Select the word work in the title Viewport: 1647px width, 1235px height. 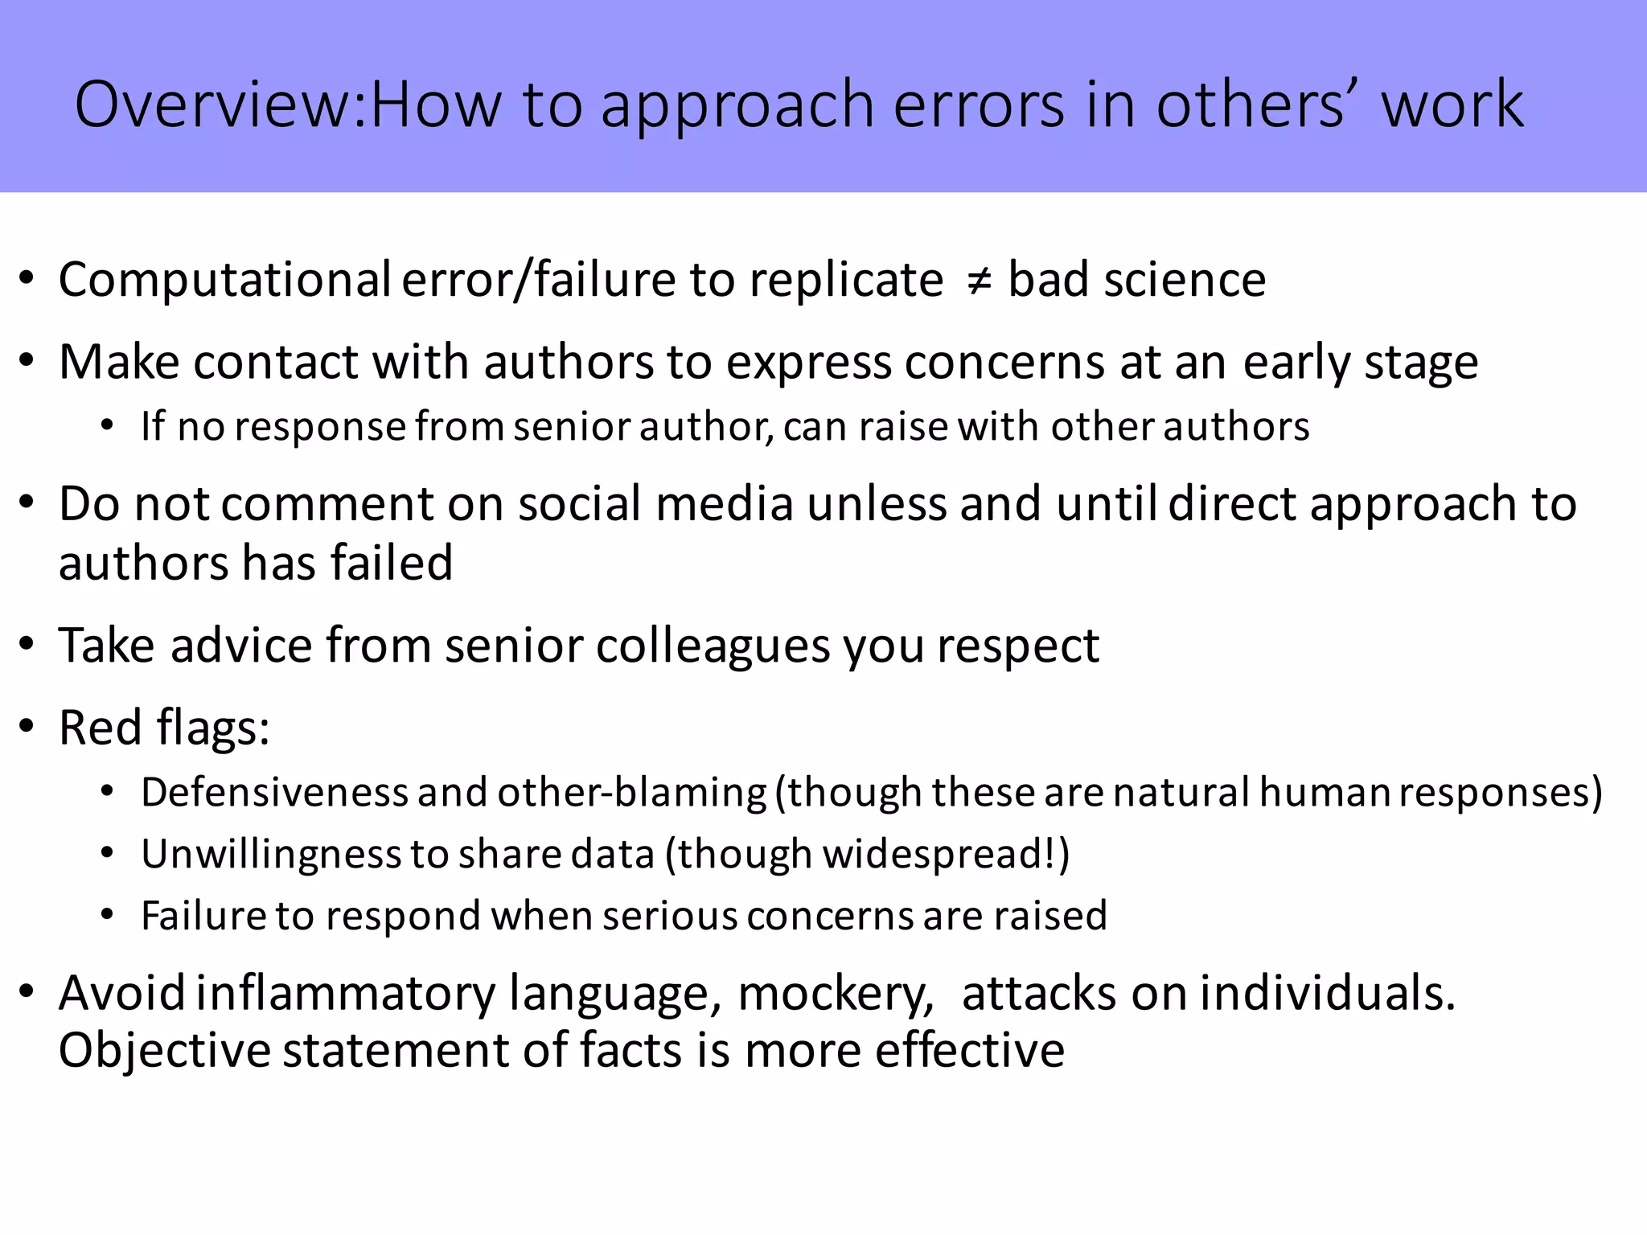tap(1452, 105)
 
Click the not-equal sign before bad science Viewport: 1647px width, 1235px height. tap(977, 281)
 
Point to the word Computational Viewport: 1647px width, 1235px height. tap(224, 281)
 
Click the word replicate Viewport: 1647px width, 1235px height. tap(846, 281)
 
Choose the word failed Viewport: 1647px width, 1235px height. tap(392, 562)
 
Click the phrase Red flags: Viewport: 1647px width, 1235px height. tap(164, 728)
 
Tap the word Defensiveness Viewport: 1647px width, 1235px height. tap(274, 792)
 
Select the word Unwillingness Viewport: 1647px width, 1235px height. tap(271, 854)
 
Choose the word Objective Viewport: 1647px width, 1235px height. tap(164, 1051)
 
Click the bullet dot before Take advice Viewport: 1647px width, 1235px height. tap(27, 646)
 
